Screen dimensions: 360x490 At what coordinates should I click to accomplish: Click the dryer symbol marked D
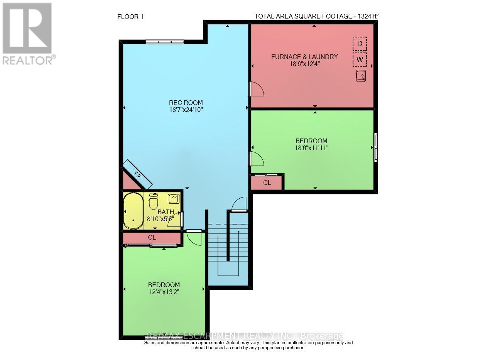point(360,44)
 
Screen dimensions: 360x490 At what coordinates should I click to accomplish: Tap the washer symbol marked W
point(360,60)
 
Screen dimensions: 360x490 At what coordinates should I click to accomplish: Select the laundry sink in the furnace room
point(361,76)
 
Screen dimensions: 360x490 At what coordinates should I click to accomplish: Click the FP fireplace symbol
point(137,174)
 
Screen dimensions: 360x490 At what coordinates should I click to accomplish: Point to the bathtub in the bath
point(133,211)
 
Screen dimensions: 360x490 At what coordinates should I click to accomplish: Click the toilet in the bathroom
point(154,201)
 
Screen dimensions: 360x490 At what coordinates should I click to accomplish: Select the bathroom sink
point(173,199)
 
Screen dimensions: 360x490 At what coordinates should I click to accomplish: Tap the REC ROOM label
point(186,103)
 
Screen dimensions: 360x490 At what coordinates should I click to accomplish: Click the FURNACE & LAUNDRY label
point(304,57)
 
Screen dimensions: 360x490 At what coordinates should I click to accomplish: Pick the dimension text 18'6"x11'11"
point(311,147)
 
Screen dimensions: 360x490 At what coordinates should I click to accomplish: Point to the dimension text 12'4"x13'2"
point(164,292)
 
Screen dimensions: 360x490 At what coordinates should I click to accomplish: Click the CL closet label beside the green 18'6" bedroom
point(267,183)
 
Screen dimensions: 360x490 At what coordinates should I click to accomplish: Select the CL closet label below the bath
point(152,238)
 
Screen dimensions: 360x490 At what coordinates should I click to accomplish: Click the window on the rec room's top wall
point(159,42)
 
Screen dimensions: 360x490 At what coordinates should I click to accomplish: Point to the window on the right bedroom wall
point(375,147)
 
